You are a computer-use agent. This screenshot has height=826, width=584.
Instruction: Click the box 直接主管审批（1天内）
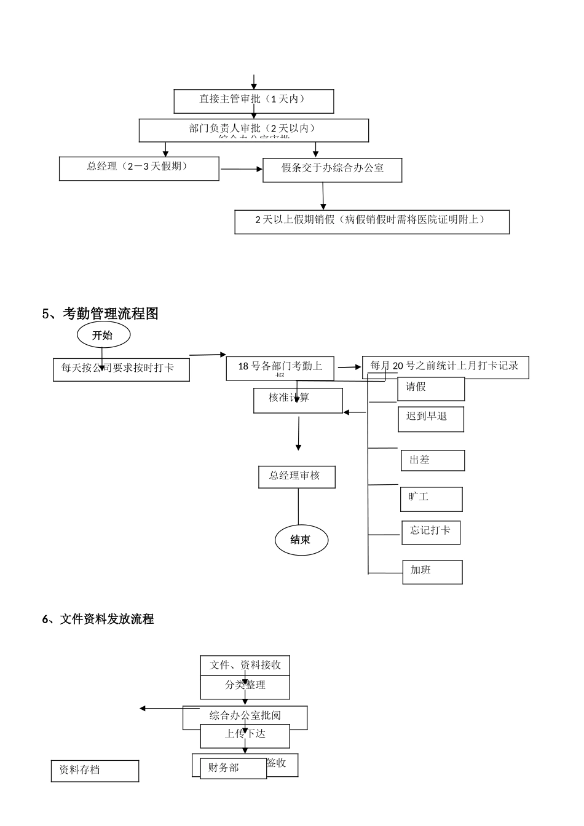(x=253, y=101)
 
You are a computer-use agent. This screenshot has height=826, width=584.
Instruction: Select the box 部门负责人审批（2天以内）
(x=253, y=130)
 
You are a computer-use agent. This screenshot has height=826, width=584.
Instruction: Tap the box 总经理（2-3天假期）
(x=139, y=168)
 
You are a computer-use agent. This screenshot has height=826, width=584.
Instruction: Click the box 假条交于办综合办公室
(x=332, y=170)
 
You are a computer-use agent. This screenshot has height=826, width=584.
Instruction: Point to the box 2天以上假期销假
(x=371, y=222)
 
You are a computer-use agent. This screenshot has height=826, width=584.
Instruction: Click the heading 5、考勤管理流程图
(x=100, y=313)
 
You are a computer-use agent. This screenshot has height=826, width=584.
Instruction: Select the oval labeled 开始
(x=103, y=336)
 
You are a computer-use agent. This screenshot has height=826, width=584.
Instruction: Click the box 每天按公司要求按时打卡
(x=121, y=369)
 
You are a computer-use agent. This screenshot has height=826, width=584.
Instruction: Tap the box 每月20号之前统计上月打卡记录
(x=445, y=367)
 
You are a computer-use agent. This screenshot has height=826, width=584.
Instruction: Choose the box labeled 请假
(x=431, y=389)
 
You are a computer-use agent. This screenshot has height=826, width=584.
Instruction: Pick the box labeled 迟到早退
(x=430, y=419)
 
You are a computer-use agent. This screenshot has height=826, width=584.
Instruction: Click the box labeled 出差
(x=433, y=460)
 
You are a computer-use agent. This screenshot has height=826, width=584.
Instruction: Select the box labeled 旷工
(x=431, y=499)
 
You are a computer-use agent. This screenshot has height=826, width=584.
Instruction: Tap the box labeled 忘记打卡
(x=431, y=532)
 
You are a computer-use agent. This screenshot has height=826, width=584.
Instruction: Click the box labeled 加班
(x=432, y=572)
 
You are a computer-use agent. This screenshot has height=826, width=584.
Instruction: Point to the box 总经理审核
(x=296, y=477)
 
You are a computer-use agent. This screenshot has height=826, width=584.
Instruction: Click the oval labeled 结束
(x=301, y=540)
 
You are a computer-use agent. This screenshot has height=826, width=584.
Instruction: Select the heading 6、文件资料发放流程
(x=98, y=619)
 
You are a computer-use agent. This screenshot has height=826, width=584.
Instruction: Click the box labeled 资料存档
(x=95, y=771)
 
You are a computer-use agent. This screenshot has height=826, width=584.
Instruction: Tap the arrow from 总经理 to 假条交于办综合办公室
(x=241, y=169)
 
